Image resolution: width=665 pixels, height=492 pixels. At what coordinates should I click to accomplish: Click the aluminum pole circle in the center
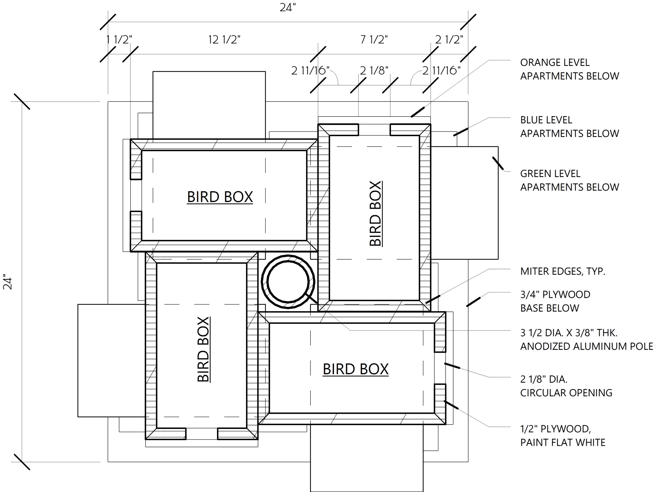(x=288, y=281)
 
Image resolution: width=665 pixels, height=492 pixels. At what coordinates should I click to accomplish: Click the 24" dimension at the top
(x=288, y=8)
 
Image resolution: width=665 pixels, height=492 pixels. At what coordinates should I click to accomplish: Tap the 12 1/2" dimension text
(x=224, y=40)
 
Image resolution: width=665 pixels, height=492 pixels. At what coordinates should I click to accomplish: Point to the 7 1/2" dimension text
(x=374, y=40)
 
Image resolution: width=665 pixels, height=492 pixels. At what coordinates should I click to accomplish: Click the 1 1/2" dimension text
(x=119, y=40)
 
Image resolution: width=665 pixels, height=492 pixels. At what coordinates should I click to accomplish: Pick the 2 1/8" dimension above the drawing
(x=374, y=71)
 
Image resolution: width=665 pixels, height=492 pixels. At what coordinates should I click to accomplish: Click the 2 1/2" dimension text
(x=449, y=40)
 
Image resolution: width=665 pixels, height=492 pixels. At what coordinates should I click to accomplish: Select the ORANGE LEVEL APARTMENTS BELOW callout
(x=569, y=69)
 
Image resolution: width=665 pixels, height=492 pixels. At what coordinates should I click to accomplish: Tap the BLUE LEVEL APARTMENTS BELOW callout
(x=569, y=127)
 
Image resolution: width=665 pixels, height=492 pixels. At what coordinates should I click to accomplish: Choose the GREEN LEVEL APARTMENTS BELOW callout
(x=569, y=180)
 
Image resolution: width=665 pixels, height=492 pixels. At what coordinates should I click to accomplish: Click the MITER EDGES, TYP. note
(x=562, y=271)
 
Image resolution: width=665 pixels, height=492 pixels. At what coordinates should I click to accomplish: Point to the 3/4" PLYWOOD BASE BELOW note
(x=555, y=301)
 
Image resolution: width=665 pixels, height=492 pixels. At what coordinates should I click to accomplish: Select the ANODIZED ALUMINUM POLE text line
(x=586, y=346)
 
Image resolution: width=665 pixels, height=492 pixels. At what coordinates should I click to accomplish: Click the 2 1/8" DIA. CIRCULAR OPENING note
(x=566, y=386)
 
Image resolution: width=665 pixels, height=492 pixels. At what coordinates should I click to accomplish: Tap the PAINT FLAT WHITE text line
(x=563, y=443)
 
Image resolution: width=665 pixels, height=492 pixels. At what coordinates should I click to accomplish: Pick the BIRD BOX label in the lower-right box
(x=355, y=369)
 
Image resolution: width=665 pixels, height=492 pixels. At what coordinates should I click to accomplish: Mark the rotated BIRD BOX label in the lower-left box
(x=203, y=349)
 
